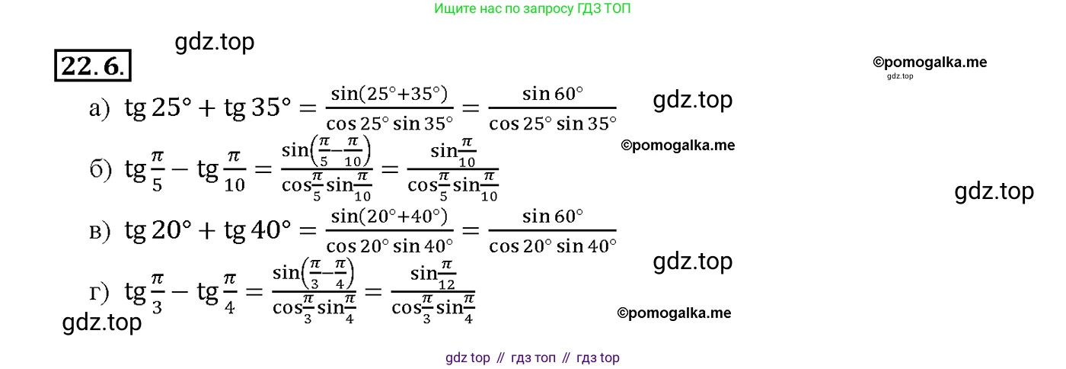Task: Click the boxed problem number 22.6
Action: [93, 66]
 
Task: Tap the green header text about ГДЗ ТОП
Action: [532, 8]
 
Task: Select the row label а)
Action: [100, 109]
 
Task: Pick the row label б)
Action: [101, 169]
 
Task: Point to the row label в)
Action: [100, 232]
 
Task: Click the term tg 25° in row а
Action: [158, 107]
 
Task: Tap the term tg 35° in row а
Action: [257, 107]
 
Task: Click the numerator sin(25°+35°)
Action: [389, 94]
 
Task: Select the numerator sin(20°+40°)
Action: [389, 217]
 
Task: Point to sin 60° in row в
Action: [553, 217]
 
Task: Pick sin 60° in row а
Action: [553, 94]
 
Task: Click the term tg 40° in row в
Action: [257, 230]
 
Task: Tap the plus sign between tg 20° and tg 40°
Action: [207, 231]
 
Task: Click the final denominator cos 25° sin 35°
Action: [553, 124]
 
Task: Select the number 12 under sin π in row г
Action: [446, 285]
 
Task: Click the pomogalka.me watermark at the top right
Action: [930, 63]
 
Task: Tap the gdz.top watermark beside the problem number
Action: [215, 42]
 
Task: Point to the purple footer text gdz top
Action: [468, 358]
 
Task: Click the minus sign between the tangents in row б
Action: [180, 169]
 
